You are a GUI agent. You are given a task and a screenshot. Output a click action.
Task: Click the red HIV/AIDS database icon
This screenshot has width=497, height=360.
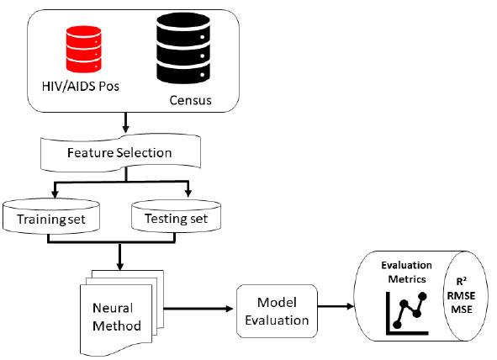pyautogui.click(x=84, y=49)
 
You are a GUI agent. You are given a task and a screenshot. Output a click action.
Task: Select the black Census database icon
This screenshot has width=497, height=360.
pyautogui.click(x=183, y=48)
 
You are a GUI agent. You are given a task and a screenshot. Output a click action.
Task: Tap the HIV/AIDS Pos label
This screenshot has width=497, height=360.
pyautogui.click(x=81, y=86)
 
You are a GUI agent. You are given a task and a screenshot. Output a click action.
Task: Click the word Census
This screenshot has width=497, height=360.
pyautogui.click(x=190, y=100)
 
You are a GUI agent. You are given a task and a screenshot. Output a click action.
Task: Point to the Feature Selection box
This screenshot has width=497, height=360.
pyautogui.click(x=120, y=153)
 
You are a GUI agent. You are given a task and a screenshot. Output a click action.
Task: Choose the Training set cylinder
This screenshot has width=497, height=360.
pyautogui.click(x=51, y=217)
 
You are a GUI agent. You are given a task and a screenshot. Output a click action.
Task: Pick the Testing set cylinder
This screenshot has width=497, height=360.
pyautogui.click(x=177, y=216)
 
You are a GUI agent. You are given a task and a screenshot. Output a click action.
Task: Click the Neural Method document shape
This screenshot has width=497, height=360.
pyautogui.click(x=122, y=313)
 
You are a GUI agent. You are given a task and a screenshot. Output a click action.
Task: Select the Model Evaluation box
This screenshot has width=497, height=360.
pyautogui.click(x=277, y=311)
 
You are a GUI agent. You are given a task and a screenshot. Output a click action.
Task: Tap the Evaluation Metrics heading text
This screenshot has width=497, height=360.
pyautogui.click(x=407, y=272)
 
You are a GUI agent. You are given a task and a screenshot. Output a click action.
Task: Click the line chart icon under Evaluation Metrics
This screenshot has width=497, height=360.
pyautogui.click(x=407, y=314)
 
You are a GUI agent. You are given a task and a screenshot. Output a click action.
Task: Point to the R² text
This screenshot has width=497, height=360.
pyautogui.click(x=461, y=281)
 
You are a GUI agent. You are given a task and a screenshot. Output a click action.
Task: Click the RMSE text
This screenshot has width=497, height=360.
pyautogui.click(x=461, y=296)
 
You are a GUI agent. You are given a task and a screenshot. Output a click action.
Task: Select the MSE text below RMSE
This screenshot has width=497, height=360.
pyautogui.click(x=462, y=309)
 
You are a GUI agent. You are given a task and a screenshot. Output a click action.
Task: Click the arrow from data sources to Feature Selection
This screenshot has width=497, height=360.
pyautogui.click(x=126, y=123)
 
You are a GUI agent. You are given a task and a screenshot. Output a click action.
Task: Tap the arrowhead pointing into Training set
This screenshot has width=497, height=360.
pyautogui.click(x=55, y=193)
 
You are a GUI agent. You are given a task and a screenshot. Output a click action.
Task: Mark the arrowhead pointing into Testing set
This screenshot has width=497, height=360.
pyautogui.click(x=188, y=193)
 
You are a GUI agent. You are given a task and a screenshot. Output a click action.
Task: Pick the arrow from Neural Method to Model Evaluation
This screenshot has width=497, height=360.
pyautogui.click(x=198, y=309)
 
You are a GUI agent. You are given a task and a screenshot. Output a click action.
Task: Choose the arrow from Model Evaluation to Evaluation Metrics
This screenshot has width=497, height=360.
pyautogui.click(x=336, y=306)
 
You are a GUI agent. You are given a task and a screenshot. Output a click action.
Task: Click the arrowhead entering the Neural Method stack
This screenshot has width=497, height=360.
pyautogui.click(x=119, y=266)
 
